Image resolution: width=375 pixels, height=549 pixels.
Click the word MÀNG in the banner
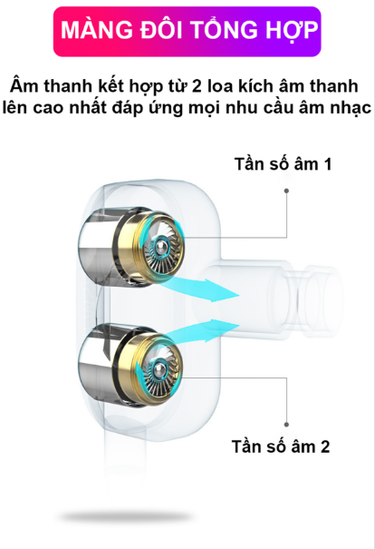pos(97,30)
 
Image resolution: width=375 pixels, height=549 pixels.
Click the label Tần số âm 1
pos(284,164)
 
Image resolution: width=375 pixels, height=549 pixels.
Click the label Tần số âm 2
pos(281,446)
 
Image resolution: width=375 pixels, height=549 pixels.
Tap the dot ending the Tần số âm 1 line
pos(286,191)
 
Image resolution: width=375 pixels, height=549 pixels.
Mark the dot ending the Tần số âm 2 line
pos(286,425)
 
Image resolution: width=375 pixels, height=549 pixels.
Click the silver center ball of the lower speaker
pos(159,369)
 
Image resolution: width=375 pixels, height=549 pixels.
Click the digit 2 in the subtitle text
pos(197,86)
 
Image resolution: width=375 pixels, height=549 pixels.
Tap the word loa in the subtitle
pos(220,86)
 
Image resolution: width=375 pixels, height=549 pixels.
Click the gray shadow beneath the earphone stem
pos(126,516)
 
